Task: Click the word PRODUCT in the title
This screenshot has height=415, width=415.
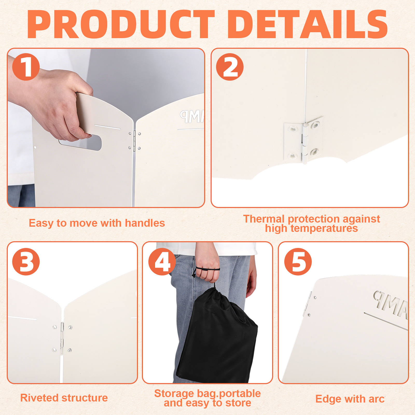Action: pyautogui.click(x=121, y=24)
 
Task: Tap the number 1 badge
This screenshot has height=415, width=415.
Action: pyautogui.click(x=26, y=67)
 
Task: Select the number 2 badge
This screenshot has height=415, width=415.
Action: pyautogui.click(x=230, y=67)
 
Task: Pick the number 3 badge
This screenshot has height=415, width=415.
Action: pyautogui.click(x=26, y=261)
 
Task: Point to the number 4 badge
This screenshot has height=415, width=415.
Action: pyautogui.click(x=162, y=261)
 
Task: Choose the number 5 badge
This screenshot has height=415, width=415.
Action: pyautogui.click(x=298, y=261)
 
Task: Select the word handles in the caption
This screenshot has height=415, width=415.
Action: pyautogui.click(x=145, y=223)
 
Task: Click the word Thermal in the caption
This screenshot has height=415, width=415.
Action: pyautogui.click(x=264, y=219)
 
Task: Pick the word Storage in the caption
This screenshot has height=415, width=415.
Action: pyautogui.click(x=174, y=393)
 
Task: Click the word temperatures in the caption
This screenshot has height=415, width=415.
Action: pyautogui.click(x=324, y=229)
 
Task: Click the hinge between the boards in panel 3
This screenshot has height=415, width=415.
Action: pyautogui.click(x=62, y=338)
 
